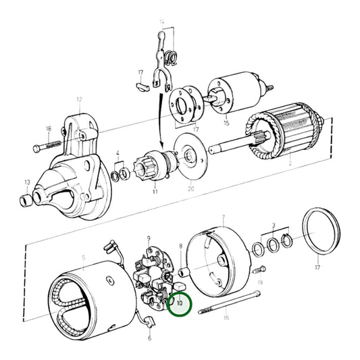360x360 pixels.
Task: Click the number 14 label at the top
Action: click(161, 23)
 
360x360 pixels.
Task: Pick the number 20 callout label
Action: click(190, 189)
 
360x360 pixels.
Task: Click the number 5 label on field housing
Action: click(84, 257)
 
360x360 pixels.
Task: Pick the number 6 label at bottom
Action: click(150, 338)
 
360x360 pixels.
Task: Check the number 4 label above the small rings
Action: click(118, 153)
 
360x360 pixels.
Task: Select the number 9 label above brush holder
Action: click(149, 238)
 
